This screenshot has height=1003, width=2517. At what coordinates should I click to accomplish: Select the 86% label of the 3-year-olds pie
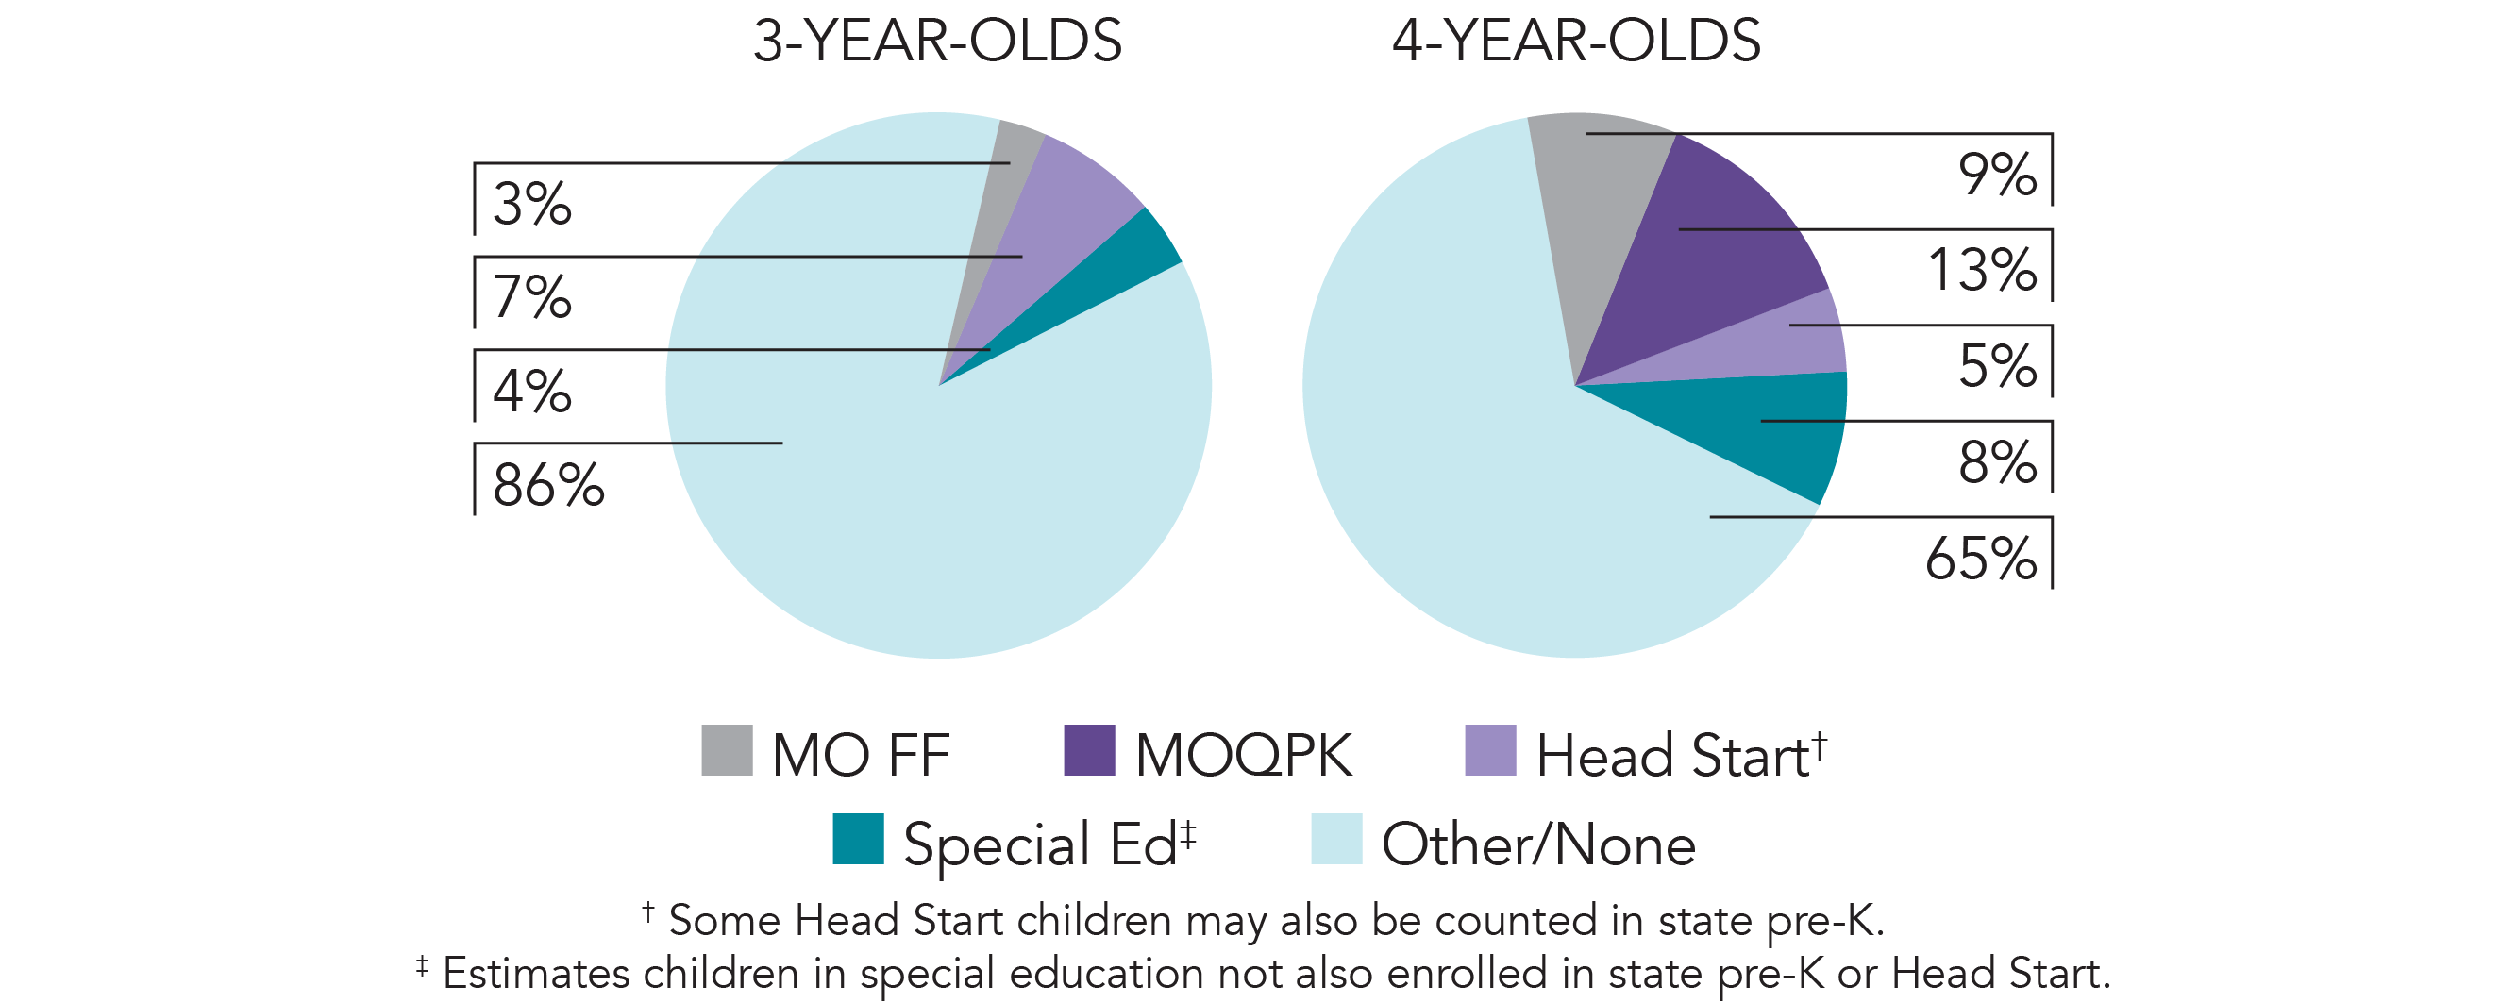point(548,485)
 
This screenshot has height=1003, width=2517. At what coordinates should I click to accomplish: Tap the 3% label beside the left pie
point(531,204)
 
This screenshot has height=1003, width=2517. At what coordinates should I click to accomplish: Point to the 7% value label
point(531,297)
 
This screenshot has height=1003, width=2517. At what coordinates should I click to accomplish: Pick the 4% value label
point(531,392)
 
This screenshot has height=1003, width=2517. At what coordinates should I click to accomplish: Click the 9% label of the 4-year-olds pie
point(1997,175)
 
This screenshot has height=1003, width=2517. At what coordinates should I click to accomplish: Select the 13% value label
point(1982,271)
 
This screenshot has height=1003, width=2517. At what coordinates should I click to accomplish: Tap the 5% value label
point(1997,366)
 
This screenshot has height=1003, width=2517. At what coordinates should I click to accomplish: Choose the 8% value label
point(1997,462)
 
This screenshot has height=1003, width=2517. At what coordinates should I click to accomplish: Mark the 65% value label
point(1981,559)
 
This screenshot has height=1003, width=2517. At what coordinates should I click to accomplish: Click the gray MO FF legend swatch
point(727,750)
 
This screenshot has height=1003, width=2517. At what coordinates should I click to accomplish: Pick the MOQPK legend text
point(1243,755)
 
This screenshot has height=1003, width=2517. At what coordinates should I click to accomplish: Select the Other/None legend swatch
point(1335,839)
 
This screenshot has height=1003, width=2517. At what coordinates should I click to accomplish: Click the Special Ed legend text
point(1040,844)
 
